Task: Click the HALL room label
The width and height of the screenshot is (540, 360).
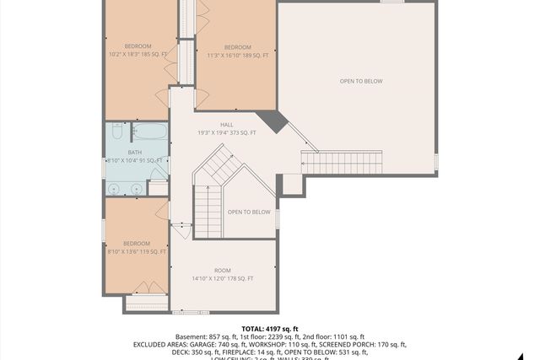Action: click(x=226, y=124)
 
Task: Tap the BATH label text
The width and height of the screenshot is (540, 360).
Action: click(x=136, y=152)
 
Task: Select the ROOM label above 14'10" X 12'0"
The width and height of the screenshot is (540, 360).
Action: click(x=222, y=270)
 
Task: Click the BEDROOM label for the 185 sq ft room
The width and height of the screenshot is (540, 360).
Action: click(x=138, y=46)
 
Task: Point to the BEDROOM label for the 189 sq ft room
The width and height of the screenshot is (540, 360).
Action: click(x=237, y=46)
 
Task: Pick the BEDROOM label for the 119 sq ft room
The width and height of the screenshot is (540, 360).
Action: click(x=136, y=243)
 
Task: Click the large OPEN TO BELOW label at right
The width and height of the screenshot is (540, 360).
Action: click(x=361, y=81)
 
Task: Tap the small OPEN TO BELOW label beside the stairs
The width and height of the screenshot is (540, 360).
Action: click(x=249, y=212)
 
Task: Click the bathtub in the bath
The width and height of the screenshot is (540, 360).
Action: click(x=151, y=133)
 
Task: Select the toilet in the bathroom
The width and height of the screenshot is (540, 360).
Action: click(x=116, y=133)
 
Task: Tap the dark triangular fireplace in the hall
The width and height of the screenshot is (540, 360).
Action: click(x=273, y=122)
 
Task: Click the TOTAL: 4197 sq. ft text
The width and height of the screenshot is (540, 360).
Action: click(x=270, y=329)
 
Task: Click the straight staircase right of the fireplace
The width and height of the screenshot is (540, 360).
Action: click(x=342, y=161)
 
